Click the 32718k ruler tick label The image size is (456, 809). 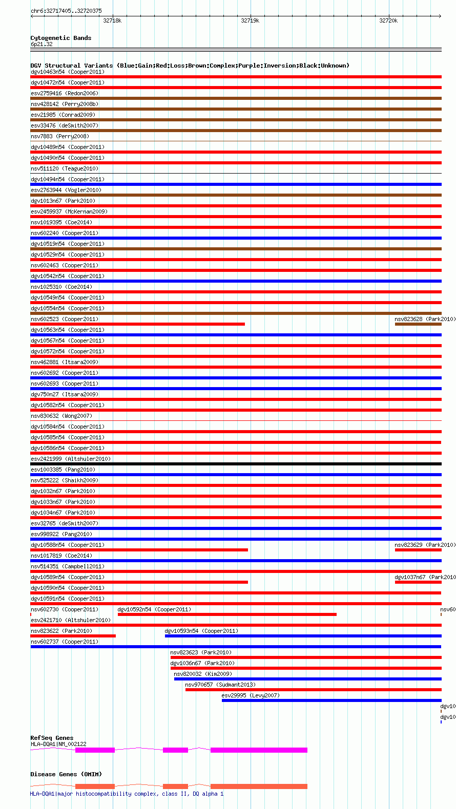pos(112,20)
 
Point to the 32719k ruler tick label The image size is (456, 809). pos(250,20)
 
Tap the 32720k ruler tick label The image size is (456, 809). pos(388,20)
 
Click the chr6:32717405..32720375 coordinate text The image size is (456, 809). pos(66,11)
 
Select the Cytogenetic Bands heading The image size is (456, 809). pos(60,38)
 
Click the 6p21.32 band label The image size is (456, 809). pos(42,44)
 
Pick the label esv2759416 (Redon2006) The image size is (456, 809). pos(65,93)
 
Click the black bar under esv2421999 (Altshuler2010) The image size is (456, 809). pos(236,464)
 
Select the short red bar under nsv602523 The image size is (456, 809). pos(137,324)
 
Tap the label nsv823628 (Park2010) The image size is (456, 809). pos(425,319)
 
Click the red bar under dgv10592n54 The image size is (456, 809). pos(227,614)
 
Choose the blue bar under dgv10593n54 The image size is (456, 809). pos(303,636)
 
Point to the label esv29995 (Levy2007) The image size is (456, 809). pos(251,695)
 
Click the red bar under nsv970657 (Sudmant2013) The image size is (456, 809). pos(313,690)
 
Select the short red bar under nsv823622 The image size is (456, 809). pos(73,636)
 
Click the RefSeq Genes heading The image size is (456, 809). pos(52,738)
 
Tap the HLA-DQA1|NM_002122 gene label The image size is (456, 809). pos(58,744)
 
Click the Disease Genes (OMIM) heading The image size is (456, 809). pos(66,774)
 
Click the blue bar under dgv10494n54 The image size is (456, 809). pos(236,184)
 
